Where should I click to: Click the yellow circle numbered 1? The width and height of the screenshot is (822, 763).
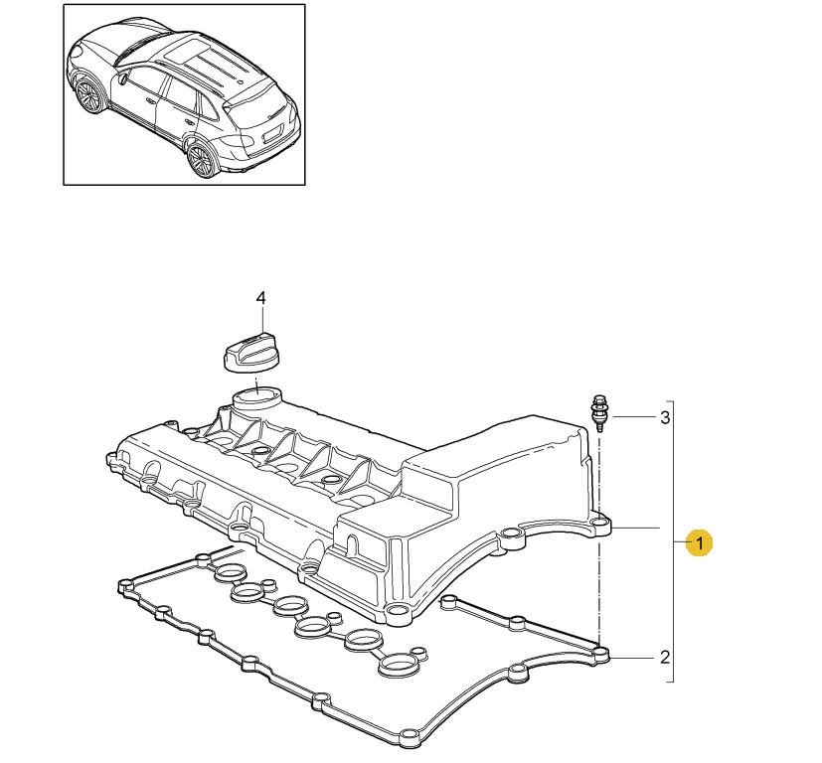click(x=700, y=541)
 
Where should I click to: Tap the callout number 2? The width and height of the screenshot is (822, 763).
click(x=665, y=657)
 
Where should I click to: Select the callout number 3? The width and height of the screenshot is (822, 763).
click(x=665, y=417)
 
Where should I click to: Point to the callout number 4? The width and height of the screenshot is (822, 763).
click(x=260, y=298)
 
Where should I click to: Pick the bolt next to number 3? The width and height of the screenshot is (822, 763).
click(x=599, y=413)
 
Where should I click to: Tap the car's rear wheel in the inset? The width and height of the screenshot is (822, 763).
click(x=202, y=159)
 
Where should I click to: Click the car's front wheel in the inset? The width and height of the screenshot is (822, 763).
click(x=87, y=95)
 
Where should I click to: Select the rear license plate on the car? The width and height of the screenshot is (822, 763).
click(x=272, y=135)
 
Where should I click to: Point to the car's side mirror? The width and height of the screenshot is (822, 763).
click(x=122, y=79)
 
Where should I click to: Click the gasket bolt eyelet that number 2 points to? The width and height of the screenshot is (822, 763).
click(x=601, y=654)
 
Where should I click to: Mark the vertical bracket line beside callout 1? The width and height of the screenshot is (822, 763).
click(x=673, y=541)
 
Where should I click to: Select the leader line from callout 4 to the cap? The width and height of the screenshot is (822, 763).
click(x=260, y=320)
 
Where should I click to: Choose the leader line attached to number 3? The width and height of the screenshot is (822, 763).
click(x=635, y=417)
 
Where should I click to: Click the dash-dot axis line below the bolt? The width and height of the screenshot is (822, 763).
click(x=598, y=539)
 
